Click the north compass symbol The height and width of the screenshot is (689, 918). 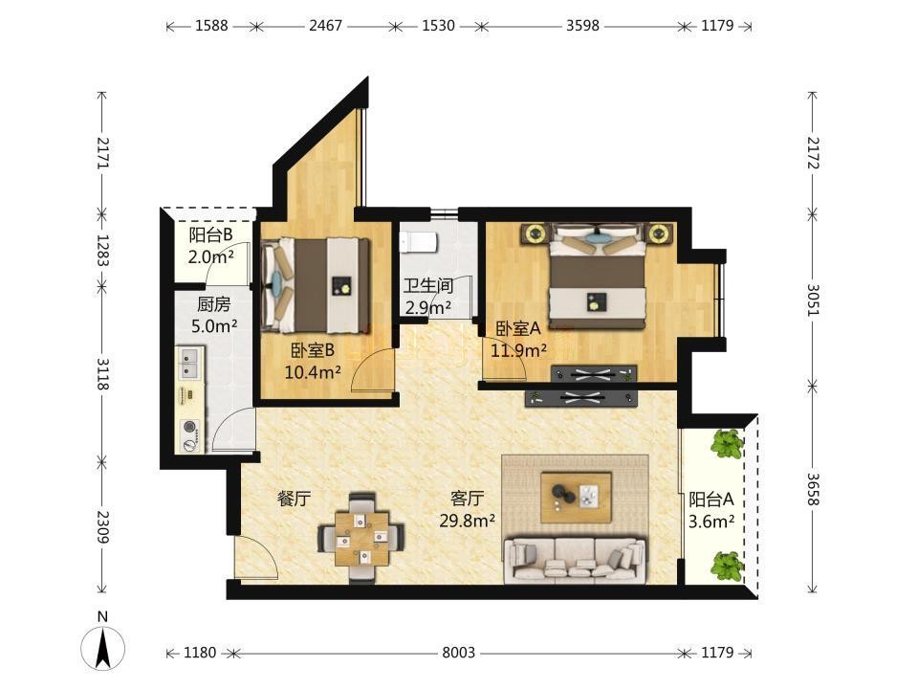click(x=102, y=649)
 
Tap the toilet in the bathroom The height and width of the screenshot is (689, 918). click(x=418, y=241)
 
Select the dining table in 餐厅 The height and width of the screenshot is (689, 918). click(x=361, y=539)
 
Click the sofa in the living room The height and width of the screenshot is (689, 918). click(x=575, y=560)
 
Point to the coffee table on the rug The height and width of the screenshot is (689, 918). click(x=576, y=498)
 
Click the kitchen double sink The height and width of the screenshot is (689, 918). click(x=190, y=364)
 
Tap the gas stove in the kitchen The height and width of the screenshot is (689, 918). click(x=191, y=436)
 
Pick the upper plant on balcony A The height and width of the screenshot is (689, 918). click(x=727, y=443)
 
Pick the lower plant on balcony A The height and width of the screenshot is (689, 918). click(x=727, y=565)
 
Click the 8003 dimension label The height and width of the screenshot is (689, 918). click(x=458, y=652)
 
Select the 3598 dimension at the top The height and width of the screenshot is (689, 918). click(x=582, y=26)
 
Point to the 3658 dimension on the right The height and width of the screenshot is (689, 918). click(x=813, y=489)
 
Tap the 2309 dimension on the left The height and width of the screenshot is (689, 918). click(x=103, y=526)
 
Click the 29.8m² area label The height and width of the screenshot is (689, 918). click(x=468, y=521)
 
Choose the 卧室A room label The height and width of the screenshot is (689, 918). click(x=518, y=328)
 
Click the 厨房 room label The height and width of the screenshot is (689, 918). click(x=213, y=304)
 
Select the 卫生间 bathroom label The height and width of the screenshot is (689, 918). click(x=428, y=286)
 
